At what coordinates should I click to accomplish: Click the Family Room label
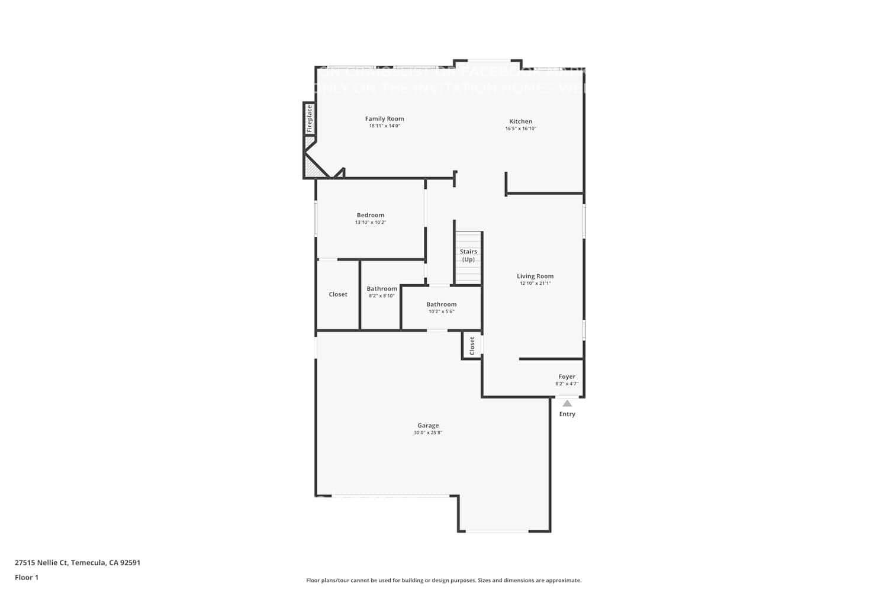384,119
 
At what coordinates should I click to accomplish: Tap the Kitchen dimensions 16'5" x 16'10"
520,128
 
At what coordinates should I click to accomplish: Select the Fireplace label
309,119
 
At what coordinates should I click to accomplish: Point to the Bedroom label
370,215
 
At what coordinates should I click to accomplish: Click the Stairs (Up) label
468,255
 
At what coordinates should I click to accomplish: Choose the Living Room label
535,276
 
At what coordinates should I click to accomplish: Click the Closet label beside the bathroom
338,294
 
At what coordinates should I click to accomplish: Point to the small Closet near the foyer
472,346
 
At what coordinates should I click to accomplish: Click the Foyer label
567,377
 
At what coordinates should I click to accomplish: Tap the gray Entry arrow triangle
567,403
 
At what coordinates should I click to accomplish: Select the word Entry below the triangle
567,414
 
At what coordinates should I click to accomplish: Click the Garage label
428,425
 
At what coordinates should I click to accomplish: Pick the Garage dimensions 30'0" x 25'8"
428,433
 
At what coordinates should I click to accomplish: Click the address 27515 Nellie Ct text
78,562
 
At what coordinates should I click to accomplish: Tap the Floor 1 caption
27,577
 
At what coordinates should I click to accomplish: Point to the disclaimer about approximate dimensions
443,580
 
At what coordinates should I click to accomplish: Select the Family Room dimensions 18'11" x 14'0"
384,126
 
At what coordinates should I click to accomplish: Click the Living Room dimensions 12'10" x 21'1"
535,284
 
